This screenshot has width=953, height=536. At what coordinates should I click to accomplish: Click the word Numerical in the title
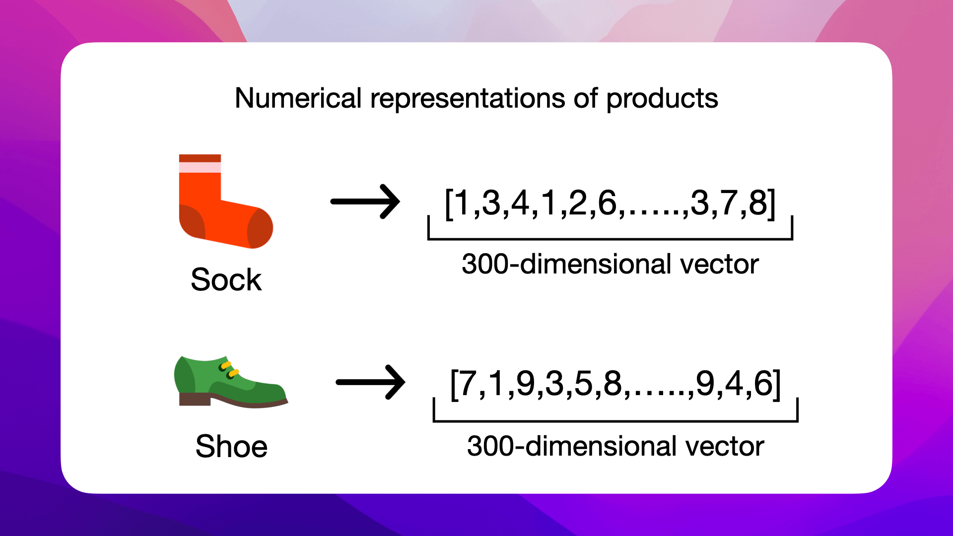[x=298, y=98]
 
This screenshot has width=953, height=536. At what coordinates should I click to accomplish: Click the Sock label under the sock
[x=226, y=279]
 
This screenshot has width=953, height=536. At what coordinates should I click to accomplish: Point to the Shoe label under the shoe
[x=231, y=446]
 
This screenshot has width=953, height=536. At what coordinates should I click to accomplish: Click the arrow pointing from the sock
[x=365, y=201]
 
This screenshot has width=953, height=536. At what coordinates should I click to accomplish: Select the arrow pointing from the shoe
[x=371, y=382]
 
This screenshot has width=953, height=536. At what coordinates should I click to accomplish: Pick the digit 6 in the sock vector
[x=607, y=203]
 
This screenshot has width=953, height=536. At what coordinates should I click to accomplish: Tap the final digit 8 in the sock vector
[x=758, y=203]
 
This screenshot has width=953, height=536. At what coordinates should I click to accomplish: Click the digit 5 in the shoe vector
[x=583, y=384]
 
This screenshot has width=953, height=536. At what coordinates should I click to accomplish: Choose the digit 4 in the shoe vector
[x=734, y=384]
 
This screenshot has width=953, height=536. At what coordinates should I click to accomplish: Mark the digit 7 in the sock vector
[x=729, y=203]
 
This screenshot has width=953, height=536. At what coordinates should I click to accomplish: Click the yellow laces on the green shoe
[x=229, y=369]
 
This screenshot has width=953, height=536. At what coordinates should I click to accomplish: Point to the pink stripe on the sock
[x=200, y=167]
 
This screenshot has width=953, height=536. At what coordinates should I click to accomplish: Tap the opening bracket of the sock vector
[x=448, y=203]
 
